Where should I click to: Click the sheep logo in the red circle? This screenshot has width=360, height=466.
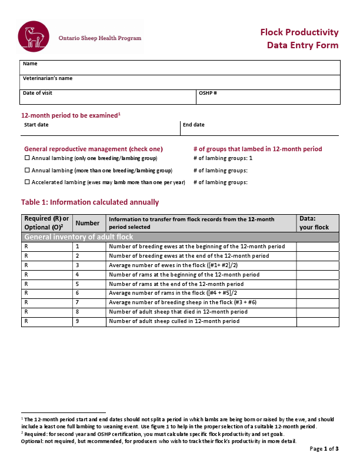[x=34, y=36]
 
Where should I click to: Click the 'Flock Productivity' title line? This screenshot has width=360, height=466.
[x=299, y=32]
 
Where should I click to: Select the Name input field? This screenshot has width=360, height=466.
[x=181, y=67]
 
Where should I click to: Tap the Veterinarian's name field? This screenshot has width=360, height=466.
[x=181, y=82]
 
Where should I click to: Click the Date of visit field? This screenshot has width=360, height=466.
[x=108, y=96]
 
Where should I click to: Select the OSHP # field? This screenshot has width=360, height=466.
[x=268, y=96]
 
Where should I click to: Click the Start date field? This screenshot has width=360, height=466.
[x=100, y=128]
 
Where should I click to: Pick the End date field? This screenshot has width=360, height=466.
[x=259, y=128]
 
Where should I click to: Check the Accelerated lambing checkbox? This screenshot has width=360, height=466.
[x=27, y=182]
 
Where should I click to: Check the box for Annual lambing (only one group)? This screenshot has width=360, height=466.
[x=27, y=158]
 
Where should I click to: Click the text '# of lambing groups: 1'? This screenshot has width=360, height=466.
[x=223, y=158]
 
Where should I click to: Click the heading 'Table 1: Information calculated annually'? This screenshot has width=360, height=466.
[x=90, y=202]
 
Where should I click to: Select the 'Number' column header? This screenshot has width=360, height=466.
[x=88, y=223]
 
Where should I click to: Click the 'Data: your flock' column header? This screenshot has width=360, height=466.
[x=318, y=223]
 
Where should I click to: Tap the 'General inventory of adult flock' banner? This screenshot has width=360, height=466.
[x=79, y=237]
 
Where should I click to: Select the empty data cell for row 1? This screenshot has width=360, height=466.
[x=318, y=247]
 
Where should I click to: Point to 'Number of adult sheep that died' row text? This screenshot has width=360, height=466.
[x=178, y=312]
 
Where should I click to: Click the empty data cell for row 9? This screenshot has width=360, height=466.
[x=318, y=321]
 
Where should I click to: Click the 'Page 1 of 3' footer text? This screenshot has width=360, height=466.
[x=324, y=449]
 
